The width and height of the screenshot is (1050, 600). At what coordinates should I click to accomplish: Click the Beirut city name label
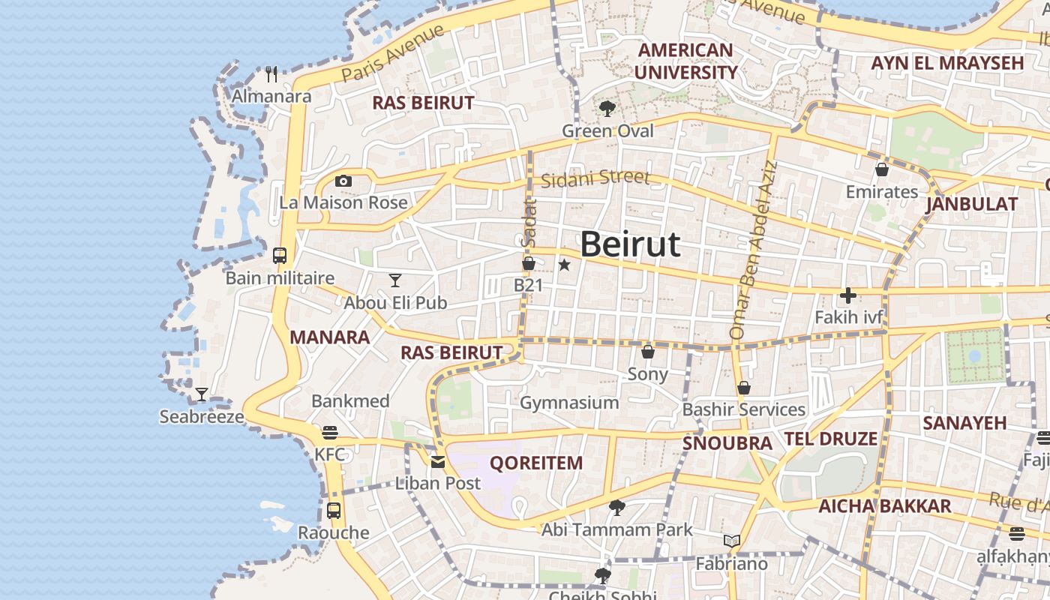click(x=630, y=244)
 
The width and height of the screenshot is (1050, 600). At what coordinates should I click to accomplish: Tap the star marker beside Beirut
click(x=565, y=265)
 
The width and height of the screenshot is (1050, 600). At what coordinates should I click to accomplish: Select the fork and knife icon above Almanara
click(x=271, y=74)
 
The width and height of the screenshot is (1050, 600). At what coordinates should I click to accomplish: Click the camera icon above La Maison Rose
click(x=343, y=181)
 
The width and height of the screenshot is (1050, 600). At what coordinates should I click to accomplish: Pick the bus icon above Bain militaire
click(x=280, y=256)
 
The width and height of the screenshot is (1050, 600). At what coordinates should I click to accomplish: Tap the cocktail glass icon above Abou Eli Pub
click(x=395, y=280)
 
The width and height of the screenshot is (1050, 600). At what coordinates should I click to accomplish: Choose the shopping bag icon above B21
click(x=529, y=263)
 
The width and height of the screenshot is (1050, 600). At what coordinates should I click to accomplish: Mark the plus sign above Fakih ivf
click(x=848, y=295)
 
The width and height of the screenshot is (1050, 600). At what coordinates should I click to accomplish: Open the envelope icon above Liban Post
click(x=438, y=462)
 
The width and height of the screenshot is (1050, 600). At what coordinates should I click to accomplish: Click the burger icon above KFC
click(x=329, y=433)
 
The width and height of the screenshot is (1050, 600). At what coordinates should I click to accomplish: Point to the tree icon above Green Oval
click(x=607, y=109)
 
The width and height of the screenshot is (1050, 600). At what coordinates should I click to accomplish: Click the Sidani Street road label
click(x=595, y=178)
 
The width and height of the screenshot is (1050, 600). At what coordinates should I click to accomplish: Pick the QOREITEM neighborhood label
click(x=536, y=463)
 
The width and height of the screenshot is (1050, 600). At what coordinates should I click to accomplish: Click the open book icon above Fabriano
click(x=732, y=541)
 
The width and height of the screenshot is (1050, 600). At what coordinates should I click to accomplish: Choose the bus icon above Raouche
click(x=334, y=511)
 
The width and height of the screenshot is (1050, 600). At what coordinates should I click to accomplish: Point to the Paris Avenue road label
click(x=392, y=52)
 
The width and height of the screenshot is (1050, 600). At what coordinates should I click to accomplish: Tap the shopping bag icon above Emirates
click(x=882, y=169)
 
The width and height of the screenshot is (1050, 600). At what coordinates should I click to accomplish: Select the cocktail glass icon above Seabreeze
click(x=202, y=394)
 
